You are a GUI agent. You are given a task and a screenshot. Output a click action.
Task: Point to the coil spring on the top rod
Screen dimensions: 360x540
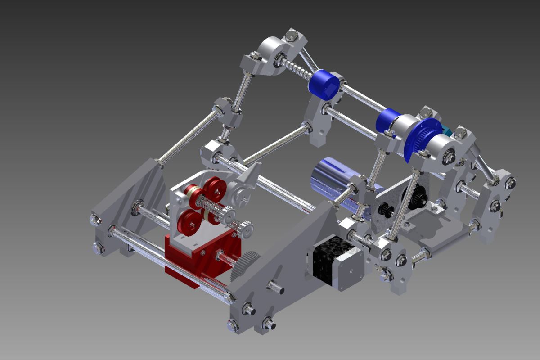[x=297, y=69]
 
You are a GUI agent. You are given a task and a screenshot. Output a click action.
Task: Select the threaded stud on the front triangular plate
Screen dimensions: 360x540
[x=275, y=287]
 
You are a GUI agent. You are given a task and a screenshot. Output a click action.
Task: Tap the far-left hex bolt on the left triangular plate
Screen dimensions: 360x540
[x=95, y=219]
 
